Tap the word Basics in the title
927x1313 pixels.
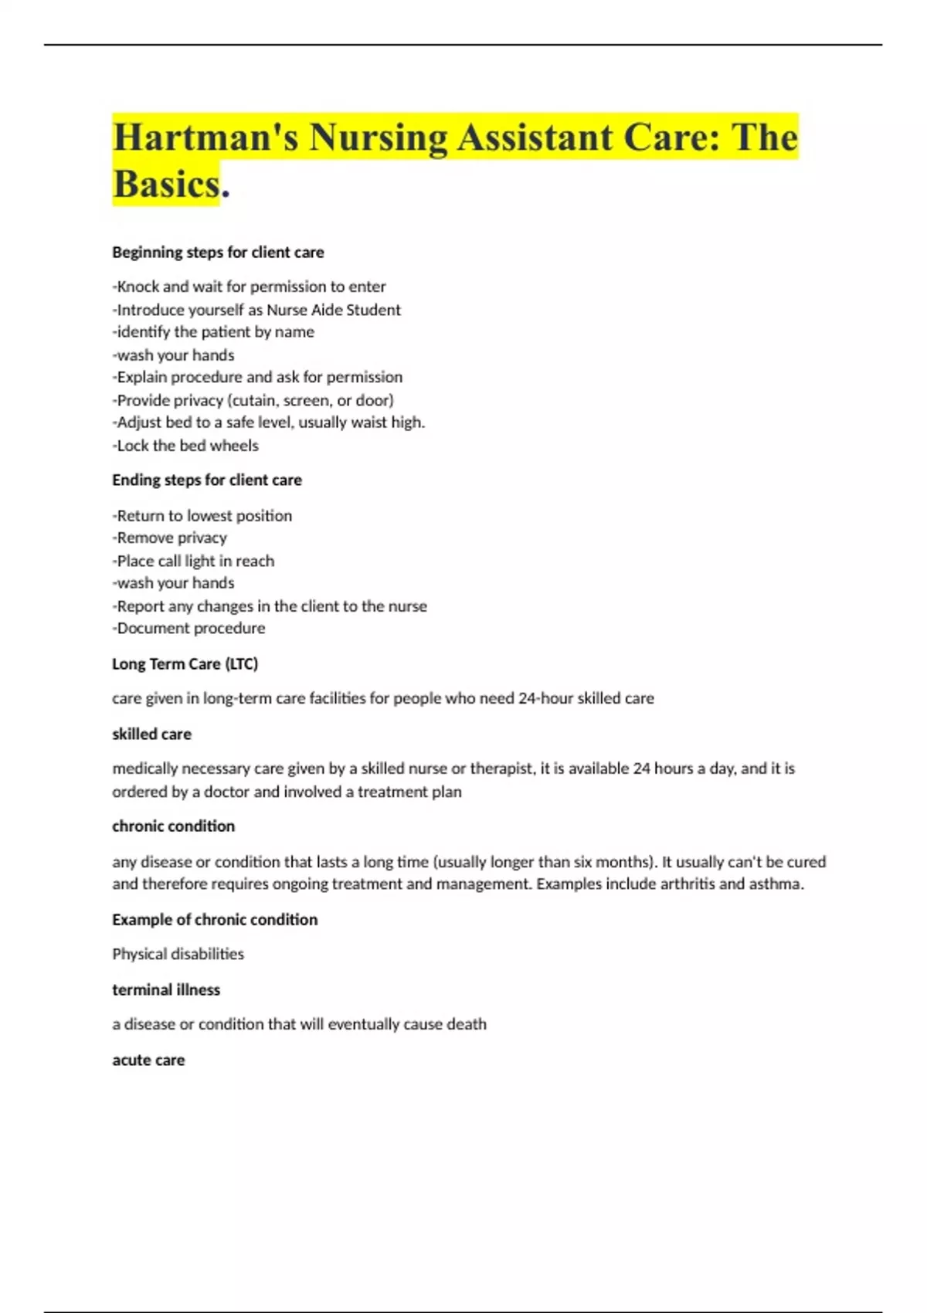click(167, 184)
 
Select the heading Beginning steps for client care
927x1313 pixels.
click(218, 253)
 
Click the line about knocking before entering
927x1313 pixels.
click(249, 287)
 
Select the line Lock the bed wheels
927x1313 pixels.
click(185, 446)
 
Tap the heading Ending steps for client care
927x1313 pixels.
click(207, 480)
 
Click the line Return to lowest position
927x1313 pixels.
click(202, 515)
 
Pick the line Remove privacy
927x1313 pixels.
click(170, 538)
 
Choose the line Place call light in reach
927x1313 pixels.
click(193, 561)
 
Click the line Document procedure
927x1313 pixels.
click(188, 628)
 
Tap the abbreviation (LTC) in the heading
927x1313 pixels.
click(241, 663)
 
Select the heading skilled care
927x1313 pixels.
click(152, 734)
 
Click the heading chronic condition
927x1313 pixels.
click(174, 826)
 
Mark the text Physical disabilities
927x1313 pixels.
click(178, 954)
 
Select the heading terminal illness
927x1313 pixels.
click(166, 989)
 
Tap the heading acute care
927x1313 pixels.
click(148, 1060)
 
